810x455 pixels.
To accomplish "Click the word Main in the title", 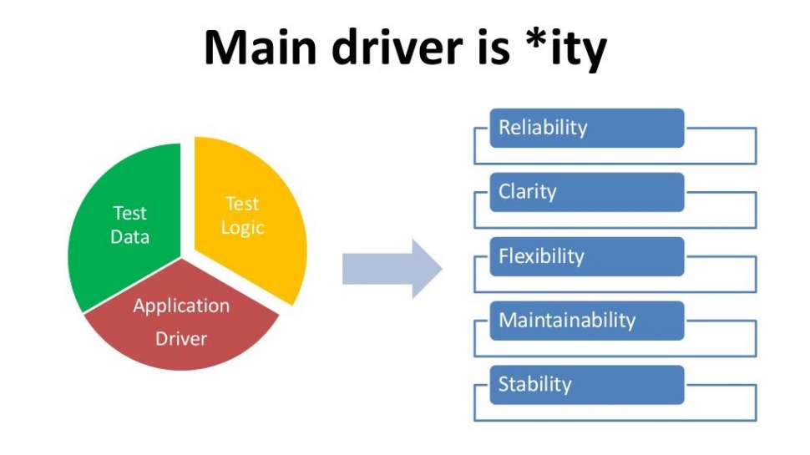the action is (x=261, y=48).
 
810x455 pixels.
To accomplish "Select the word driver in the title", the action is (x=397, y=48).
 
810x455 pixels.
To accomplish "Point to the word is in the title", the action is (x=494, y=48).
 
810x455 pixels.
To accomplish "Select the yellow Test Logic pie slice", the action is (x=248, y=217).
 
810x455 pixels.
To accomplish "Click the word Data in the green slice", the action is (x=129, y=237).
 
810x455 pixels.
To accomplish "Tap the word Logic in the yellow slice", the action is (x=243, y=228).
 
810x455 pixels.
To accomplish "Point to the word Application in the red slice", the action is (x=181, y=306).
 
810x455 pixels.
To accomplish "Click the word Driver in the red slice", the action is (x=181, y=339).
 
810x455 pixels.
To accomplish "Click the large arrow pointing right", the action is (x=392, y=269).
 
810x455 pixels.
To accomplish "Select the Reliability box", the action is (x=587, y=128).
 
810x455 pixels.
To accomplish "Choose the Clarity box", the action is (x=587, y=192).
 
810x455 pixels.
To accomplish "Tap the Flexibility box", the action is (x=587, y=256).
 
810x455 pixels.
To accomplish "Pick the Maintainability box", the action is (x=587, y=321).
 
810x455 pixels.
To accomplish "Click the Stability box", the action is (x=587, y=385).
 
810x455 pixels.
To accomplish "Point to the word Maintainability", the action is (x=567, y=321).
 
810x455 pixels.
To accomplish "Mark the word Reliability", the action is (x=543, y=128).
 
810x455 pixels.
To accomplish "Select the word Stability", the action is (x=535, y=385).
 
